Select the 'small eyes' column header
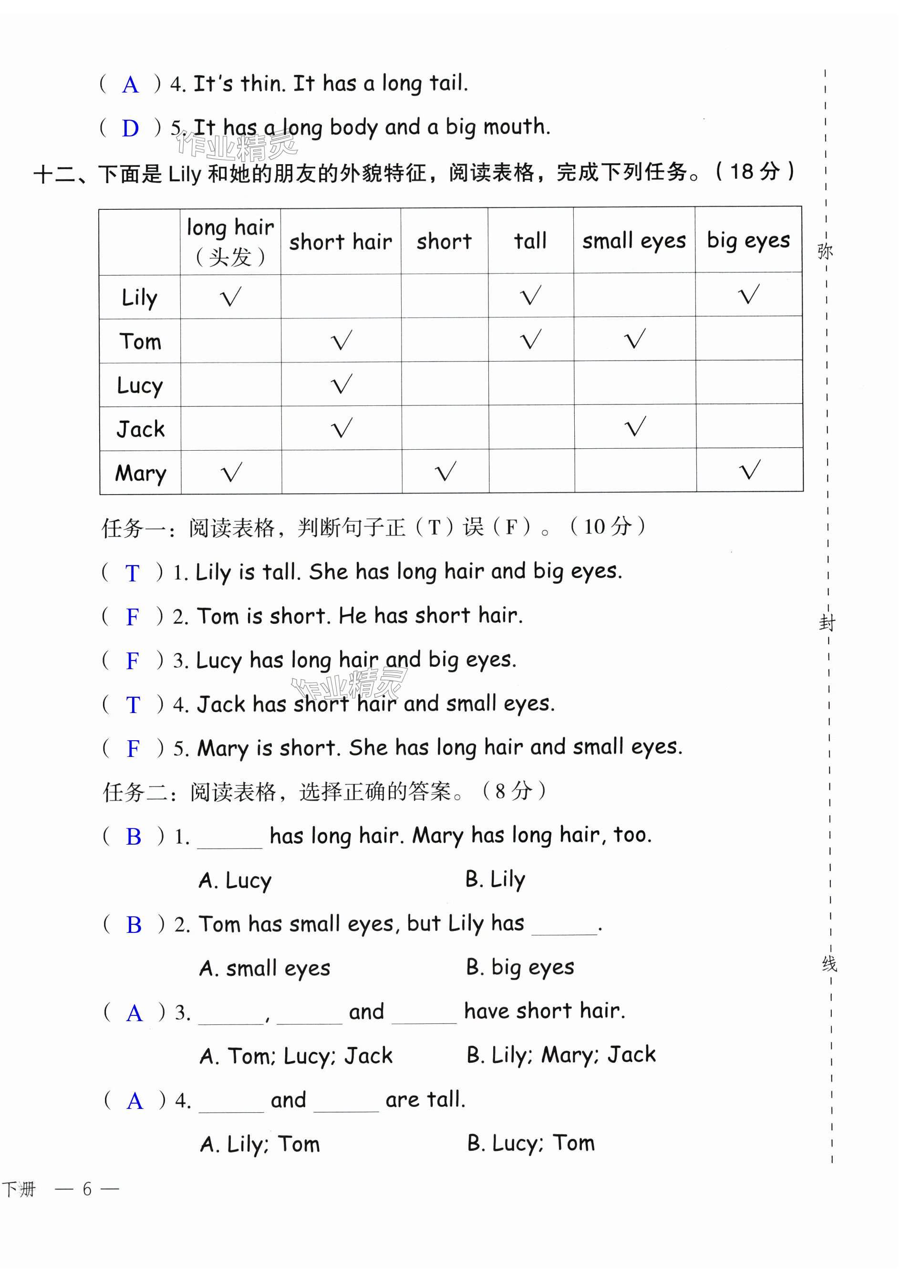point(634,241)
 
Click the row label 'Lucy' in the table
point(140,385)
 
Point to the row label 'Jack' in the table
point(140,429)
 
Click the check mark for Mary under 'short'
point(446,471)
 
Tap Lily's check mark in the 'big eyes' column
point(749,294)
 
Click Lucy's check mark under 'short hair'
point(342,384)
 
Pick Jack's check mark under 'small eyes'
point(636,427)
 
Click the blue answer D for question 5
point(130,128)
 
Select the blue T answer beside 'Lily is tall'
point(133,573)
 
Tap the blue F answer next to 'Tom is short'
point(133,617)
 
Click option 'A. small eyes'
point(265,969)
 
